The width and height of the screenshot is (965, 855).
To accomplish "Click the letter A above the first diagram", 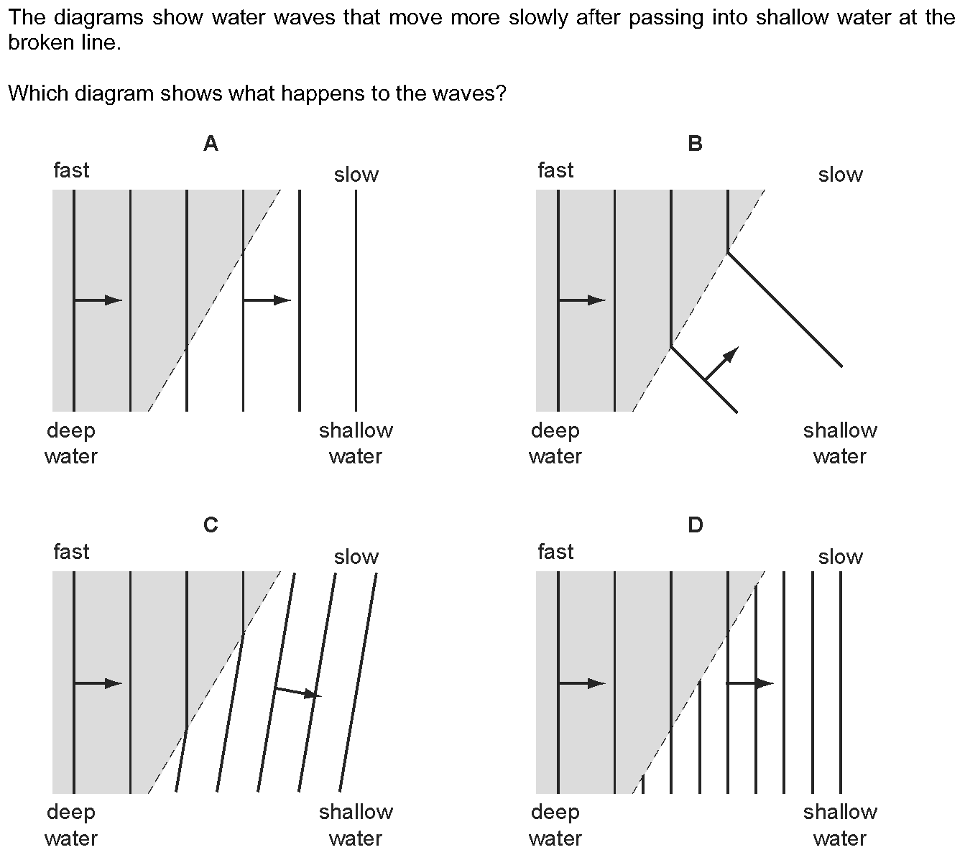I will (x=211, y=144).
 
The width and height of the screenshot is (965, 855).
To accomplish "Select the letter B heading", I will (x=695, y=144).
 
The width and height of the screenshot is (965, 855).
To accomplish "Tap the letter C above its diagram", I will (x=211, y=526).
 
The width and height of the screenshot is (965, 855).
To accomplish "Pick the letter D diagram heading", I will (x=695, y=526).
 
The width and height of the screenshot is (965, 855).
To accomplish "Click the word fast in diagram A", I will (x=71, y=170).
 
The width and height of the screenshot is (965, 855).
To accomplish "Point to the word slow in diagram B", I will (x=840, y=175).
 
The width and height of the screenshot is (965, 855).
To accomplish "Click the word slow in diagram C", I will (x=356, y=557).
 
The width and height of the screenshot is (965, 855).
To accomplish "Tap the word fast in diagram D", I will (x=555, y=552).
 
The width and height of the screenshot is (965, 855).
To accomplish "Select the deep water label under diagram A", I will (x=70, y=443).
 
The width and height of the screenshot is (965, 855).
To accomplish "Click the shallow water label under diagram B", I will (x=840, y=443).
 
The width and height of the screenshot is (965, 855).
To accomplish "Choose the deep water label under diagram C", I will (x=70, y=825).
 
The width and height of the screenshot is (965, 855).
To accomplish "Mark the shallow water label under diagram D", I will (x=840, y=825).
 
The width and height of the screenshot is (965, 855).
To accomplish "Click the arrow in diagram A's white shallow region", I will (x=267, y=300).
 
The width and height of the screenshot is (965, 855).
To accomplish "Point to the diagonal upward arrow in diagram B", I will (x=721, y=364).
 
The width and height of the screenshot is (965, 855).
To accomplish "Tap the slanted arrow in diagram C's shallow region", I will (x=297, y=692).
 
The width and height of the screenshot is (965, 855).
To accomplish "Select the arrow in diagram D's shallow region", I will (x=750, y=683).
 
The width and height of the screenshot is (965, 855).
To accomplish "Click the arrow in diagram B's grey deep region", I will (x=582, y=300).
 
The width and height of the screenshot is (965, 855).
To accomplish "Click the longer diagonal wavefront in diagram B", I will (x=785, y=310).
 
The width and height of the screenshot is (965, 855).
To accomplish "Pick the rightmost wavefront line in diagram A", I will (x=356, y=300).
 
